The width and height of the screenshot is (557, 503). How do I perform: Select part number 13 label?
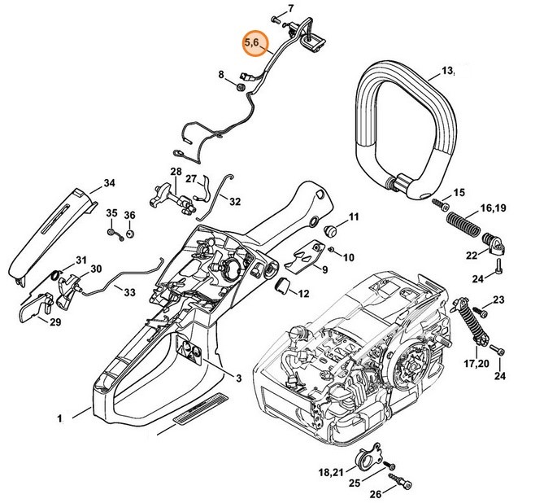point(447,72)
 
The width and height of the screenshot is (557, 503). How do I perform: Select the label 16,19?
point(492,209)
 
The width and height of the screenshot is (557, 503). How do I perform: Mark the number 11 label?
point(353,217)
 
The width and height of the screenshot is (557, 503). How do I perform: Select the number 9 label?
point(324,270)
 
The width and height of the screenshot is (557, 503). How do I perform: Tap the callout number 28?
point(176,172)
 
